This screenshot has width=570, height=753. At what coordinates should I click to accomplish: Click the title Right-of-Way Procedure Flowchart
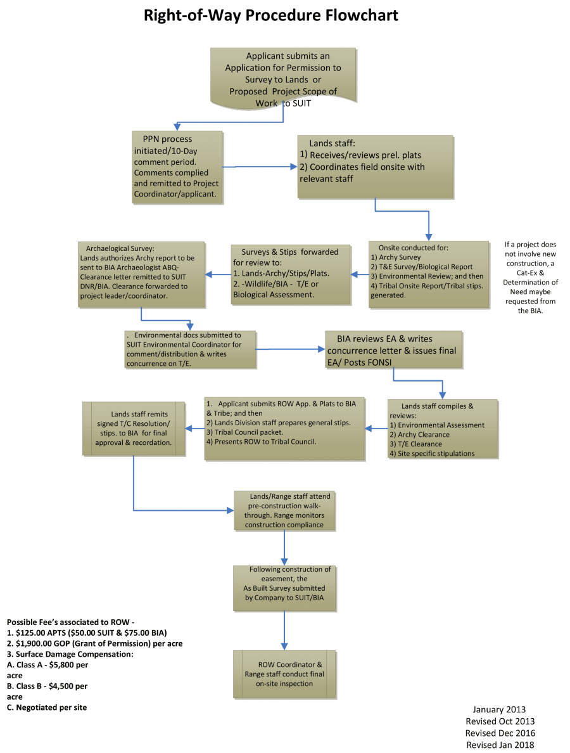[271, 15]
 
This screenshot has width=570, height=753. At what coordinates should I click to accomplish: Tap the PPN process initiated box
[177, 167]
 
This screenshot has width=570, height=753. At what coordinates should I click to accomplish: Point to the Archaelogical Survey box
[141, 273]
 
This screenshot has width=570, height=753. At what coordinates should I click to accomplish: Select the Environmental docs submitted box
[190, 349]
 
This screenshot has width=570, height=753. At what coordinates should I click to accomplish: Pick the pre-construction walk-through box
[284, 510]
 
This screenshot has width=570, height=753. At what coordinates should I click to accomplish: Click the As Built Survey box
[284, 588]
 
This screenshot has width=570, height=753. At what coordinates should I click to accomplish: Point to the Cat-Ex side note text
[531, 277]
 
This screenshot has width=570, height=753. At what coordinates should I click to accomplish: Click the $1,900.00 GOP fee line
[95, 643]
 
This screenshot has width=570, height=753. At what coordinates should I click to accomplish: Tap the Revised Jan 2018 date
[500, 745]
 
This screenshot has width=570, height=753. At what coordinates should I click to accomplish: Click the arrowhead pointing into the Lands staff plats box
[293, 167]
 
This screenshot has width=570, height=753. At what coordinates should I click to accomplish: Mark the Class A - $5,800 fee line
[47, 665]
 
